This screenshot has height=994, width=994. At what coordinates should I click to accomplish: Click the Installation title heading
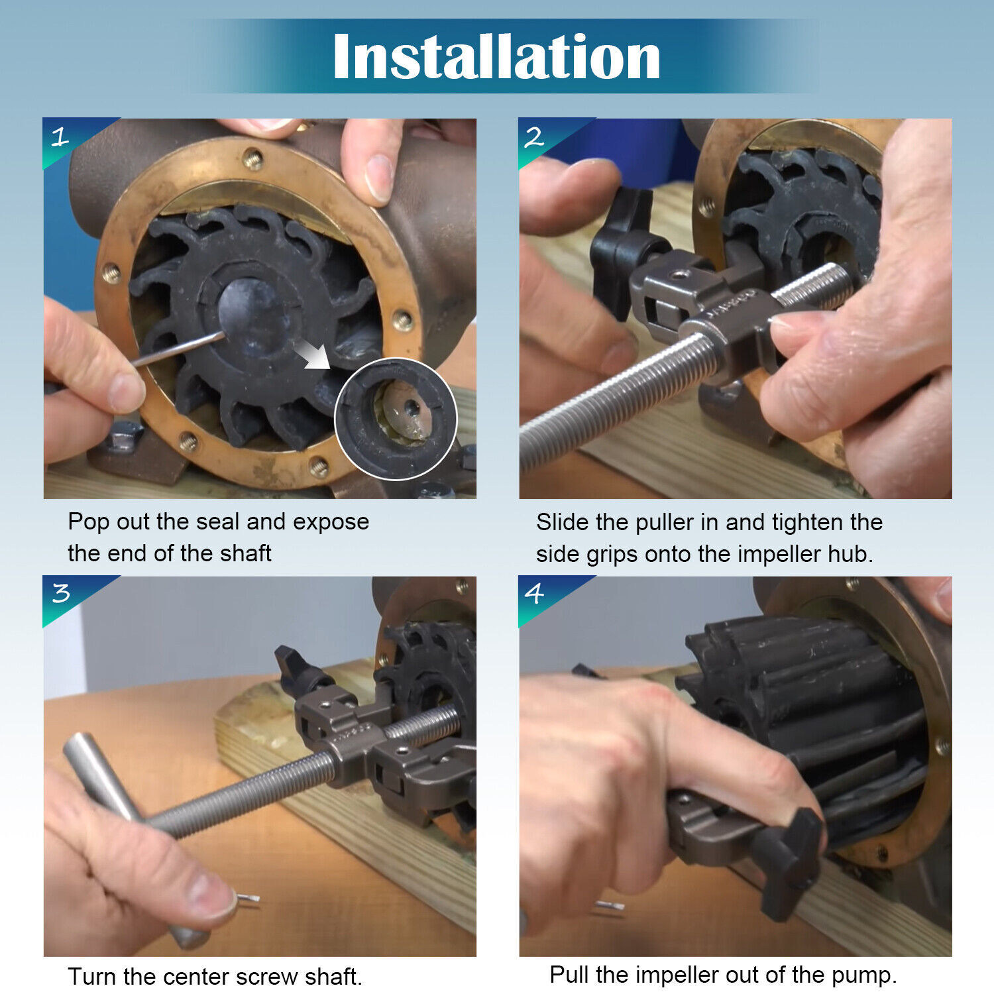(496, 58)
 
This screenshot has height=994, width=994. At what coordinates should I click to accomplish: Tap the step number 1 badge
(60, 137)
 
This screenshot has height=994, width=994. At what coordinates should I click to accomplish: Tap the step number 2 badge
(534, 137)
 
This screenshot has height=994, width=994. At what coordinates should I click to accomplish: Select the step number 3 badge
(60, 592)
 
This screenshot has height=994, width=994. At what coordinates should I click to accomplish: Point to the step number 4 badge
(534, 592)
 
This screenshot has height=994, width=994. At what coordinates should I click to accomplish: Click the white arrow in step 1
(313, 353)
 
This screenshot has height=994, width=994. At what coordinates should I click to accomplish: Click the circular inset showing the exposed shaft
(396, 418)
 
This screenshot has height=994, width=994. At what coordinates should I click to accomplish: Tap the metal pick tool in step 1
(179, 349)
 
